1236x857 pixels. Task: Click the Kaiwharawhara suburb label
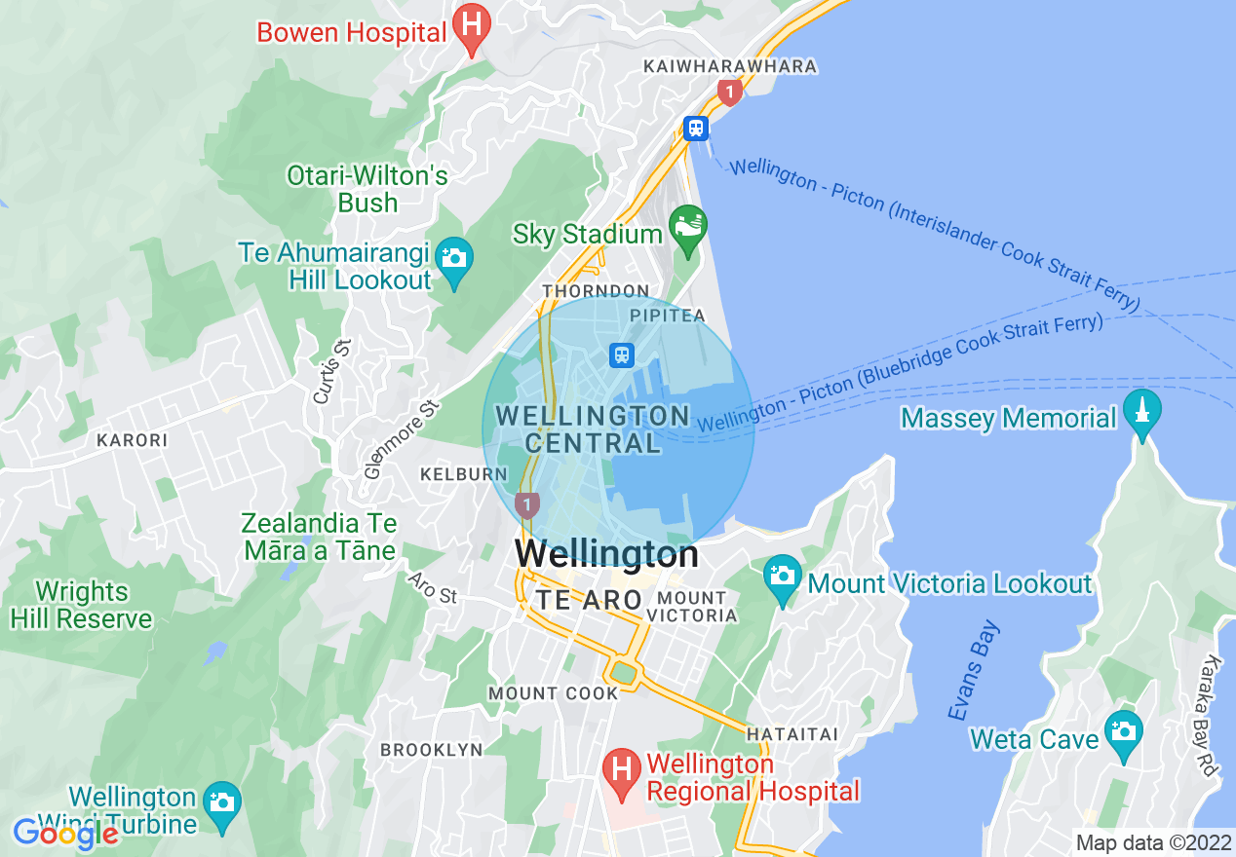729,66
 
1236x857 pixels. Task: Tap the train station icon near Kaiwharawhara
695,128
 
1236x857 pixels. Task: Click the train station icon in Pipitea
622,355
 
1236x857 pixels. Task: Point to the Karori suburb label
132,440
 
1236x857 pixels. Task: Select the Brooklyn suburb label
431,750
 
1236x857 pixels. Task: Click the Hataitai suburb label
792,733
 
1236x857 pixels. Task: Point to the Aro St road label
433,587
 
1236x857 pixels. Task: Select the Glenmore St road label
401,440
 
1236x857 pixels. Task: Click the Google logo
64,834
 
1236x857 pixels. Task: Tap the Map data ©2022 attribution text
1152,842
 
